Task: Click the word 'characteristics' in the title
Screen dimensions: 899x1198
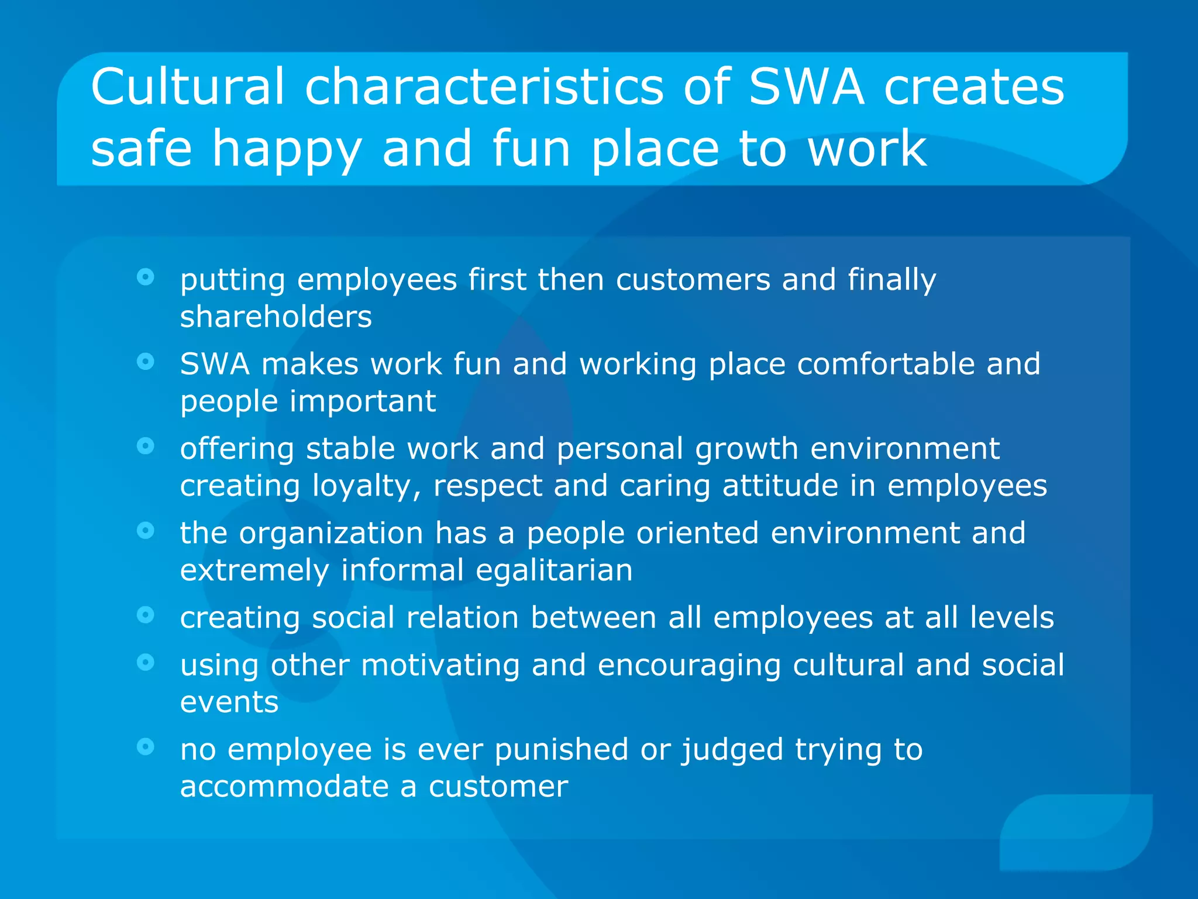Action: coord(484,87)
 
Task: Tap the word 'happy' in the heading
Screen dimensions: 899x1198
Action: coord(287,150)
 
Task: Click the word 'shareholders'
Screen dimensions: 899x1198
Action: coord(276,317)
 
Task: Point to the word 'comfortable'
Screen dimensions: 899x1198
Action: coord(886,364)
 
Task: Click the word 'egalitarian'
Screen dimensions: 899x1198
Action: coord(554,570)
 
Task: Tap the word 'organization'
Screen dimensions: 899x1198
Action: coord(331,534)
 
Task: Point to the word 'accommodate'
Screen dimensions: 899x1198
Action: coord(284,787)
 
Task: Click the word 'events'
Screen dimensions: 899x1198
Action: coord(229,702)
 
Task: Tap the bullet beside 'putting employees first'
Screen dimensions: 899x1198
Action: coord(145,277)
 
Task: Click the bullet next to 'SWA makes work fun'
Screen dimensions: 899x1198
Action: coord(145,362)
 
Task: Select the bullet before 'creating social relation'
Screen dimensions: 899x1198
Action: coord(145,615)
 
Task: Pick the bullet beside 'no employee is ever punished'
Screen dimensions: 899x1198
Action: coord(145,746)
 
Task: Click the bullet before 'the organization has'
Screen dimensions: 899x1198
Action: coord(145,530)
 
